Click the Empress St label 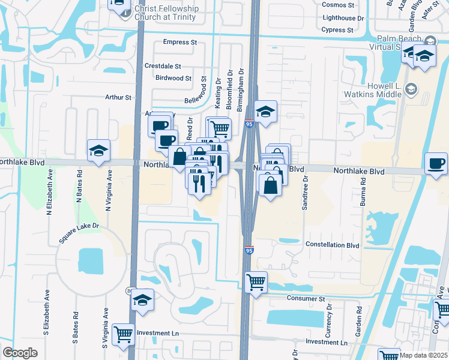click(x=180, y=43)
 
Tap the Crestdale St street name click(x=162, y=66)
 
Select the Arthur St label click(x=118, y=97)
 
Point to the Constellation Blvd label click(x=332, y=245)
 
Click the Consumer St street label click(x=305, y=298)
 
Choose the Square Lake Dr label click(x=79, y=234)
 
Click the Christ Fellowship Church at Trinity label click(x=165, y=13)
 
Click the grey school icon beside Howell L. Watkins click(x=411, y=90)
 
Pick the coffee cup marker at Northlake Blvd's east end click(x=436, y=163)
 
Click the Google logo click(x=20, y=353)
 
